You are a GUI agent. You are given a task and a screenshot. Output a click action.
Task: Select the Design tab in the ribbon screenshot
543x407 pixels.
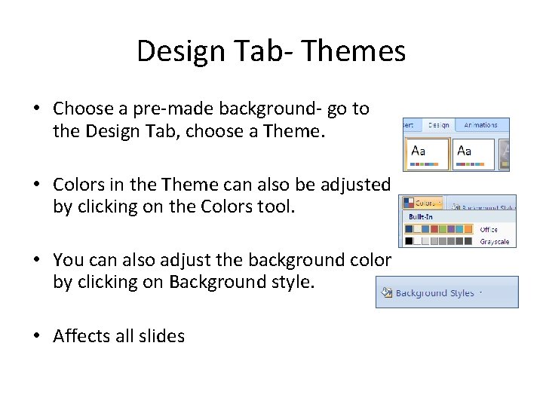(x=438, y=125)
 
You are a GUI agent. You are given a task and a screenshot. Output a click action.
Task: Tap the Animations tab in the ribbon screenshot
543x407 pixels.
(x=480, y=125)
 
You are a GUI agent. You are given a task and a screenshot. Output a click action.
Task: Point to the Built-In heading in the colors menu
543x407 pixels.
(x=420, y=217)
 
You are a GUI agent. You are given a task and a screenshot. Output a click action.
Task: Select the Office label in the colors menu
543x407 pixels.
(x=489, y=229)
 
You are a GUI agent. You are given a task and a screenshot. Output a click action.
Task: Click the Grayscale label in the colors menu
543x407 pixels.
(x=495, y=241)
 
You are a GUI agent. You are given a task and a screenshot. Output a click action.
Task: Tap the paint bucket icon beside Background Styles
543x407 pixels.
(x=386, y=292)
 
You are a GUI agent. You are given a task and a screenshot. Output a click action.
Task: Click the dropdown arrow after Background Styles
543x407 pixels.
(x=481, y=292)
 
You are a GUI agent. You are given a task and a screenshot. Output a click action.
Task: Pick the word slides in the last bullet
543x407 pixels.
(x=162, y=336)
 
